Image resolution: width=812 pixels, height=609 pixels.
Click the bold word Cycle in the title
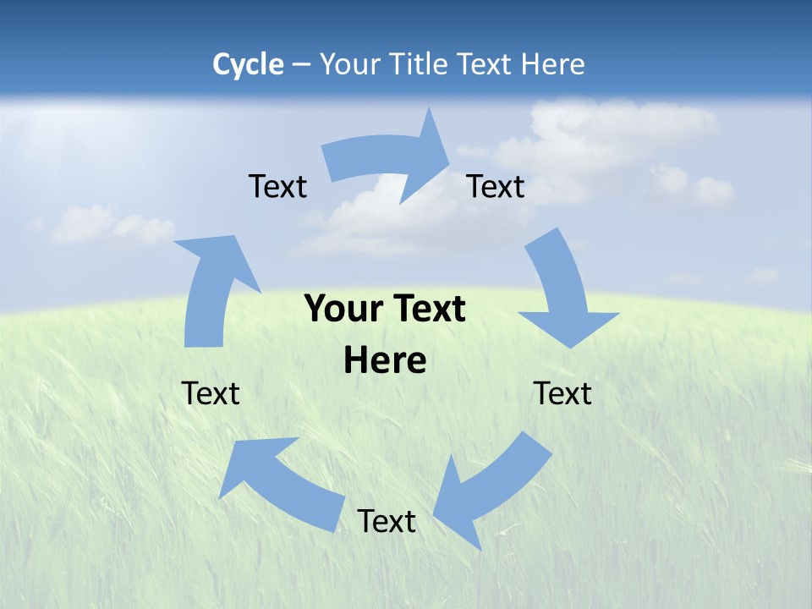tap(248, 64)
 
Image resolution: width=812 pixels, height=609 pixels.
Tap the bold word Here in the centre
tap(385, 361)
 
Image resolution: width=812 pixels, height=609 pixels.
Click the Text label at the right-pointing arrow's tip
tap(497, 186)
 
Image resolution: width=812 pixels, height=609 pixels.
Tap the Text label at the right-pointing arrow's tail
tap(277, 186)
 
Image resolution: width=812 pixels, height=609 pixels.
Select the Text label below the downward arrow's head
tap(562, 393)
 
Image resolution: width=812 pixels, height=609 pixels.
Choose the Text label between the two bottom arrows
tap(387, 521)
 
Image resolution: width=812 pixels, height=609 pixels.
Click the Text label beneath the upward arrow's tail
tap(211, 393)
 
